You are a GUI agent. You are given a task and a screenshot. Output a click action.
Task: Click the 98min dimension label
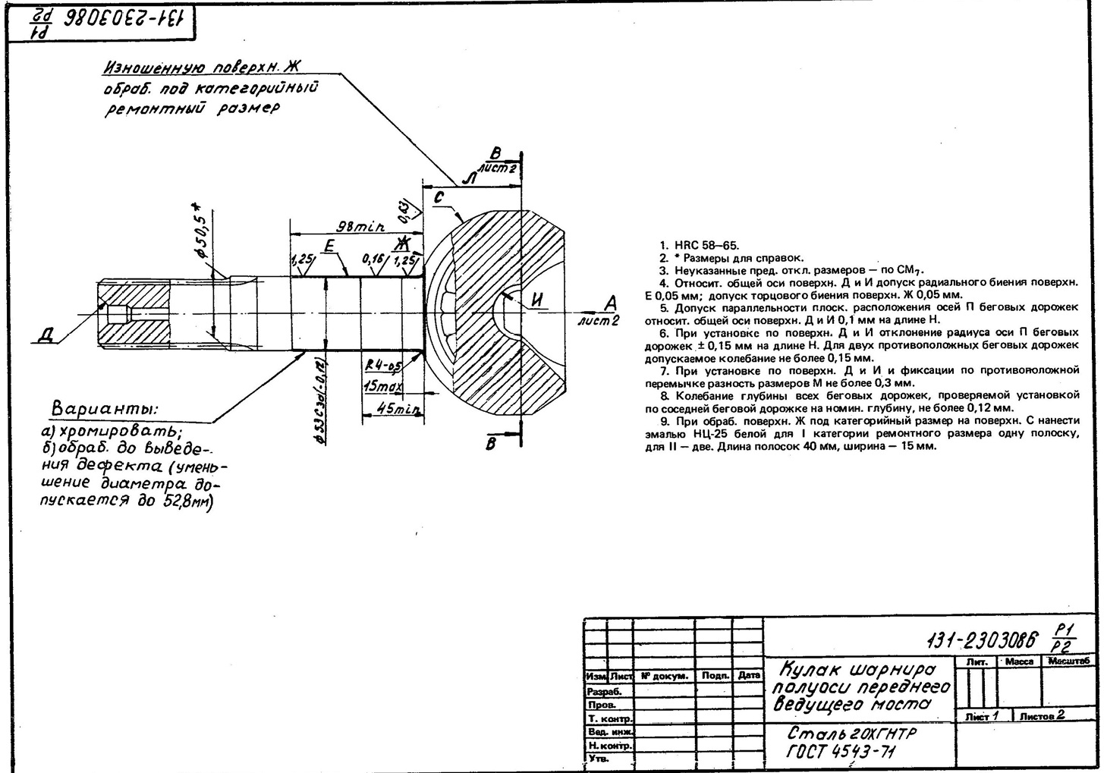click(360, 226)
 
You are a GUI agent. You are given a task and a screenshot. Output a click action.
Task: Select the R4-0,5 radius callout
click(383, 366)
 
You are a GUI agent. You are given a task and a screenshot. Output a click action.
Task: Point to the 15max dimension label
click(382, 387)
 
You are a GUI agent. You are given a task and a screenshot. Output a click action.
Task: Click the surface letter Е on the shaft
click(329, 246)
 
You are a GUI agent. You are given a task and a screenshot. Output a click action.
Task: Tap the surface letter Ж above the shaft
click(402, 244)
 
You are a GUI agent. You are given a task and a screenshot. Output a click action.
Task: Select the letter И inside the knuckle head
click(538, 300)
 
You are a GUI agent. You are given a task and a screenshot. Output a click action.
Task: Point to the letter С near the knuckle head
click(439, 198)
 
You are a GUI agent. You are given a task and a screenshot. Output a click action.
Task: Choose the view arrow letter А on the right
click(610, 303)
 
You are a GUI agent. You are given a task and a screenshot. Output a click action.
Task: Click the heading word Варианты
click(105, 408)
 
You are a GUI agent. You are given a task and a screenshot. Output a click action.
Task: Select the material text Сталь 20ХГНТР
click(851, 734)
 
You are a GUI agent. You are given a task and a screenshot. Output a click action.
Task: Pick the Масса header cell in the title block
click(1018, 661)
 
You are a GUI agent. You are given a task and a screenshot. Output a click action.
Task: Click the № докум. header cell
click(664, 675)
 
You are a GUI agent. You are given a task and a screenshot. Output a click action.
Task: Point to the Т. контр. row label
click(609, 718)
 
